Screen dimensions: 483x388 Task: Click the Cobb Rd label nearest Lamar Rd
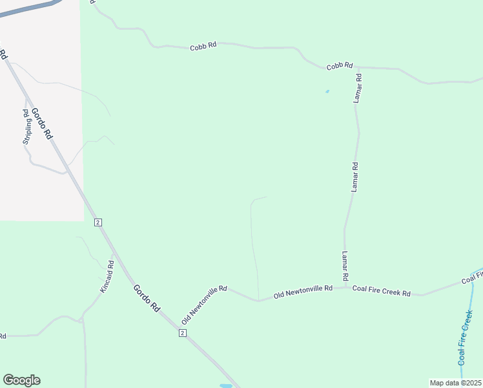pyautogui.click(x=340, y=65)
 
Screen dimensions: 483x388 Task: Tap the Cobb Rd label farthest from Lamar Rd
pyautogui.click(x=203, y=47)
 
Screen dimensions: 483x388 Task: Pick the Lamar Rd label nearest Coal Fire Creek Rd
pyautogui.click(x=345, y=265)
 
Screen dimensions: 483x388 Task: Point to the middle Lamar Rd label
pyautogui.click(x=355, y=177)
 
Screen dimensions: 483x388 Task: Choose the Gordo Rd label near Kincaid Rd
pyautogui.click(x=147, y=298)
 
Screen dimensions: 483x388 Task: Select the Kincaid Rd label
pyautogui.click(x=107, y=277)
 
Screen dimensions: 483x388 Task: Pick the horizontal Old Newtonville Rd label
pyautogui.click(x=303, y=291)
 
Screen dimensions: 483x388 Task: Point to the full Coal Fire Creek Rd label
pyautogui.click(x=382, y=292)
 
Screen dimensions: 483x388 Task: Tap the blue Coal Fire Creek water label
pyautogui.click(x=466, y=337)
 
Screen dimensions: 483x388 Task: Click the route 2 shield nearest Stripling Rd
pyautogui.click(x=98, y=222)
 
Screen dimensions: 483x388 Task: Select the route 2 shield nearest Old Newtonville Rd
pyautogui.click(x=183, y=332)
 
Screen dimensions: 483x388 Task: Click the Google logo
pyautogui.click(x=21, y=380)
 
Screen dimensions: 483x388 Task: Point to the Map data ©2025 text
pyautogui.click(x=455, y=383)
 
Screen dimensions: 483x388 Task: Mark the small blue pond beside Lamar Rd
pyautogui.click(x=327, y=91)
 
